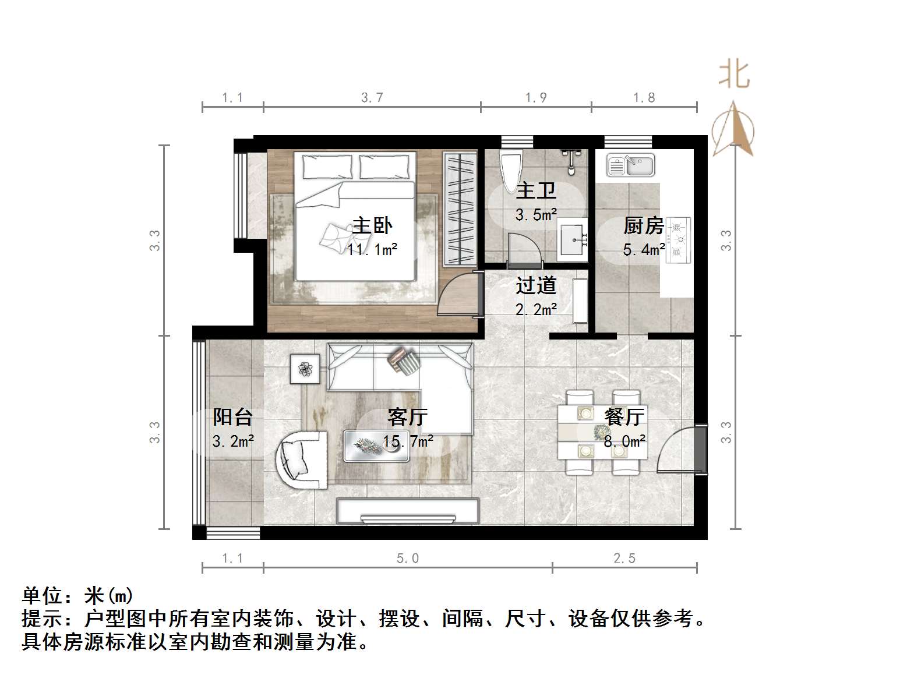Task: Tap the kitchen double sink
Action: point(630,165)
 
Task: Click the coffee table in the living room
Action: point(375,445)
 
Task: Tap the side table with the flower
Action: point(305,368)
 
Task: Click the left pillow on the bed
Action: point(327,167)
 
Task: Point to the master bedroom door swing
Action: point(458,294)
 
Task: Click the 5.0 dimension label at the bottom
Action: point(408,559)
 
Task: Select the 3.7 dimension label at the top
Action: point(372,98)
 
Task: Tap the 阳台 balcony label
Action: point(232,417)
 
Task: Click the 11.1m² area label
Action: point(372,250)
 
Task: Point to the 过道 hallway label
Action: point(536,285)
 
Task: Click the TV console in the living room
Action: point(408,511)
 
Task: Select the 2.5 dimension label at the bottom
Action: point(624,559)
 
